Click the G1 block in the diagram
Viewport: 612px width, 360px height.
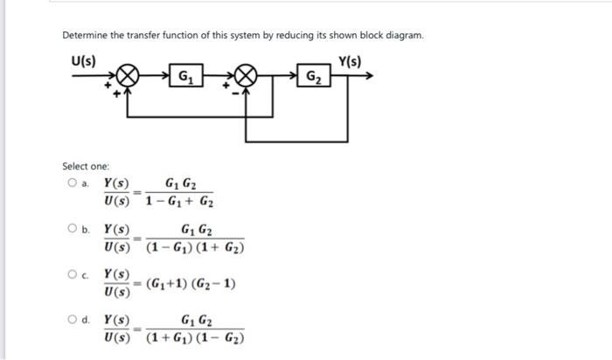pyautogui.click(x=186, y=76)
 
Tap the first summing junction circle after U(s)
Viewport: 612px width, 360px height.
pyautogui.click(x=127, y=76)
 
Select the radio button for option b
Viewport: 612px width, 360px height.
pyautogui.click(x=71, y=229)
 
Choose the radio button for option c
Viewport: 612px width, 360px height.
pyautogui.click(x=71, y=274)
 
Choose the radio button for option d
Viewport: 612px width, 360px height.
pyautogui.click(x=71, y=320)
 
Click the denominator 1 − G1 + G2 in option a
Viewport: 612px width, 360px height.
pyautogui.click(x=178, y=202)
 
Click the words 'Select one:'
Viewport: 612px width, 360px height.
pyautogui.click(x=86, y=165)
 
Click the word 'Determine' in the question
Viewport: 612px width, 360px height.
pyautogui.click(x=85, y=36)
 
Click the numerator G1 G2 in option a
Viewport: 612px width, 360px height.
pyautogui.click(x=181, y=184)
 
